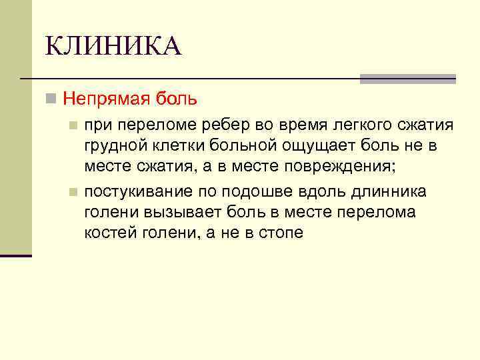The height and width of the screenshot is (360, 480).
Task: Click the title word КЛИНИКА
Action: pyautogui.click(x=113, y=47)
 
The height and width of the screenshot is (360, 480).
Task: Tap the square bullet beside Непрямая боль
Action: pyautogui.click(x=50, y=99)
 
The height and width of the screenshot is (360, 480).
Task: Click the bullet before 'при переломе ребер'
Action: pyautogui.click(x=74, y=125)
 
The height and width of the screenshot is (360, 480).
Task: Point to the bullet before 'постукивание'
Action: pyautogui.click(x=74, y=193)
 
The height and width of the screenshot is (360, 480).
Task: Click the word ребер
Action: pyautogui.click(x=235, y=125)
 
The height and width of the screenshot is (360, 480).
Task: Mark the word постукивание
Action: pyautogui.click(x=138, y=193)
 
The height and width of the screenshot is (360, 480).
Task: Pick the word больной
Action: pyautogui.click(x=243, y=145)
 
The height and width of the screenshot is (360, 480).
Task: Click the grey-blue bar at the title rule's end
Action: pyautogui.click(x=407, y=79)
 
